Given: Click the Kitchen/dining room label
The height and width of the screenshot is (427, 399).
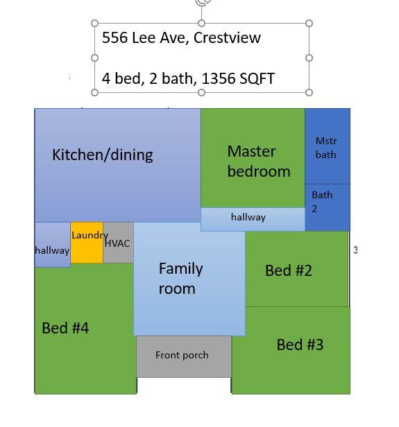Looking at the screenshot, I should click(103, 155).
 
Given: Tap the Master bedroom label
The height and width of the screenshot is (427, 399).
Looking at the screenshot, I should click(258, 161).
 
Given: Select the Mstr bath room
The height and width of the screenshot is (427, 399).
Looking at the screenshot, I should click(326, 148).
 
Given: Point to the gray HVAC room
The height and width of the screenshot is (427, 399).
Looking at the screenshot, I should click(118, 243).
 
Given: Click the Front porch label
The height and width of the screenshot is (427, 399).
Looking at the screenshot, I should click(182, 356).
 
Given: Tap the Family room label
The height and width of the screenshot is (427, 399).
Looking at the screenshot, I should click(180, 278).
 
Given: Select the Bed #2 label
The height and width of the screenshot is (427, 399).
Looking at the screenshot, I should click(289, 270).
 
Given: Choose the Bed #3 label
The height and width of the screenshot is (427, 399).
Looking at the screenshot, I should click(300, 345).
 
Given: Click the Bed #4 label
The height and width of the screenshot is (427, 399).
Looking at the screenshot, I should click(65, 328).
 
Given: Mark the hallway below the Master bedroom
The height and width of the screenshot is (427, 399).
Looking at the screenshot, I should click(248, 218).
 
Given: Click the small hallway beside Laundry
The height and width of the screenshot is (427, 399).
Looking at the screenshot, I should click(52, 250).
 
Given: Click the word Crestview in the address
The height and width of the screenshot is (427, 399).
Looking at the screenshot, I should click(227, 37).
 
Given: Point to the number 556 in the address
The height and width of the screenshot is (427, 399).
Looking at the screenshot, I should click(115, 37).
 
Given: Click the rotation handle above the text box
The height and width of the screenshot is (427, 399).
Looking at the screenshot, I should click(203, 3).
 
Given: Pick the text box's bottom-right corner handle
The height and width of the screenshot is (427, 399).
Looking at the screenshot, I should click(309, 92).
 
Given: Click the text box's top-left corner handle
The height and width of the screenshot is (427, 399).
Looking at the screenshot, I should click(95, 24).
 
